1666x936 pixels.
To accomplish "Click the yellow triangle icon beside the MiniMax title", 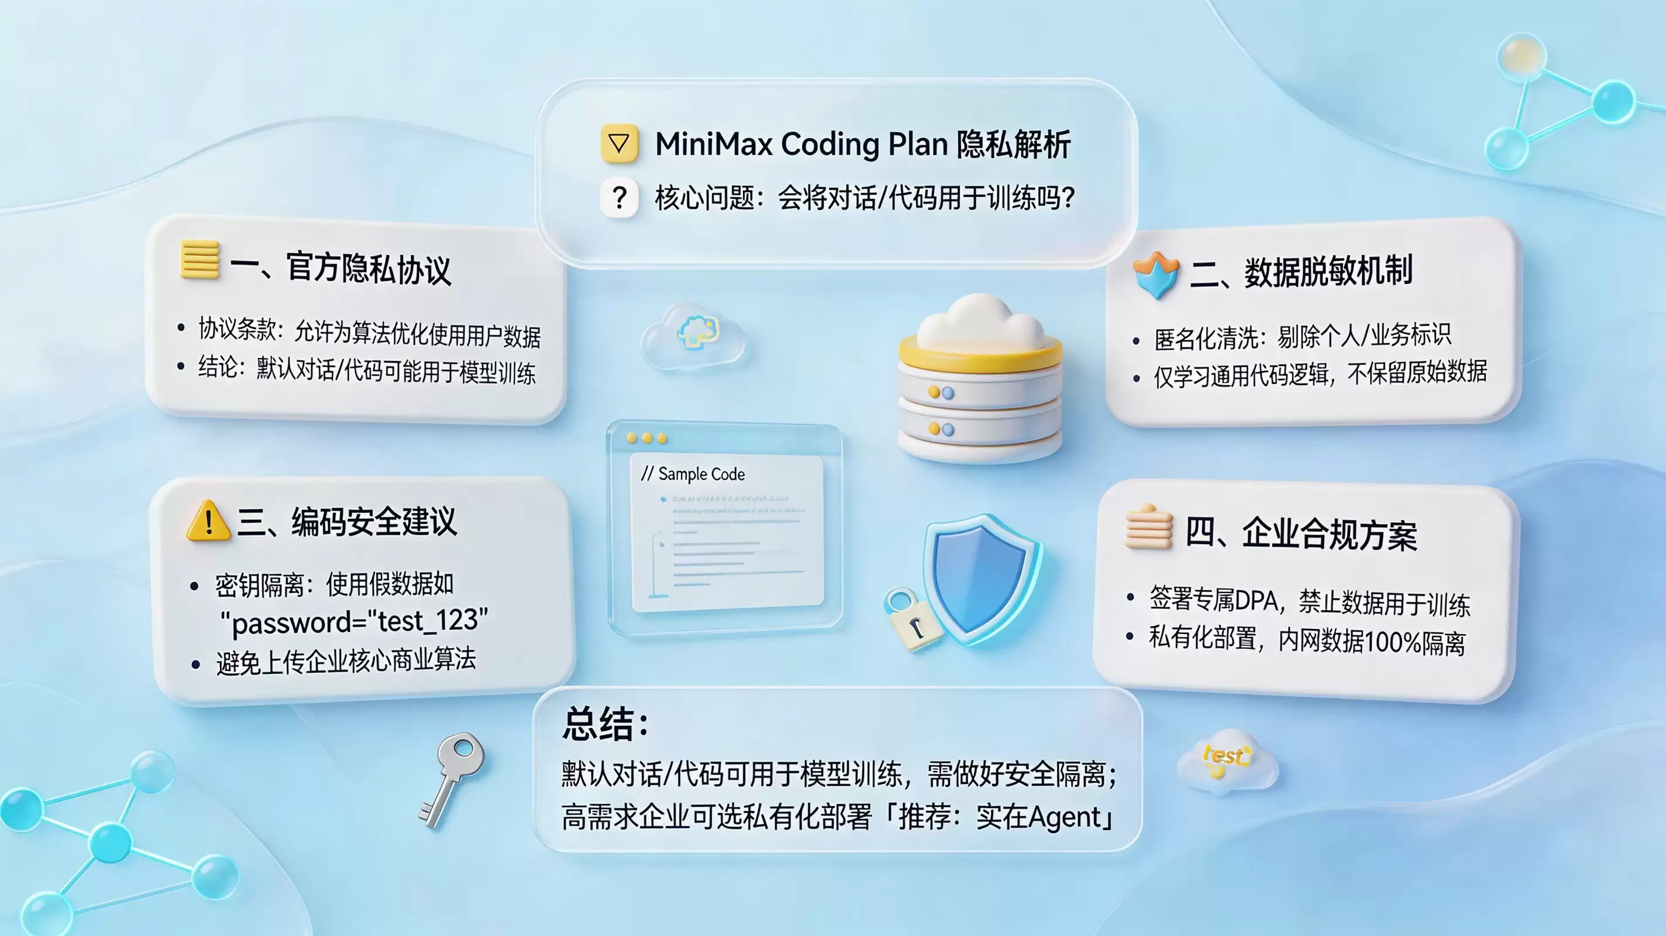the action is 619,143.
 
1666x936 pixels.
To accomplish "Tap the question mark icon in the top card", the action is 619,197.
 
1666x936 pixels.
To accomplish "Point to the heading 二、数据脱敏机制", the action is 1300,271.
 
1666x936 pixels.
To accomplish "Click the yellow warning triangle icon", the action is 208,521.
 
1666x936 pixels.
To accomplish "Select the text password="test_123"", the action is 354,621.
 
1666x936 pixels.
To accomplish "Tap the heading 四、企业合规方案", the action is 1300,534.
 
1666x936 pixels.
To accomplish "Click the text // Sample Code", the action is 693,474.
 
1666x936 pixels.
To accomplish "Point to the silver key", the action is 451,779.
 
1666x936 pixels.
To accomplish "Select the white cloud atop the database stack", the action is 980,322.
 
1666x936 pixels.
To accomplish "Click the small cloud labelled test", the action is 1226,761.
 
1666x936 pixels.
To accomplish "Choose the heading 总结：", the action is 605,723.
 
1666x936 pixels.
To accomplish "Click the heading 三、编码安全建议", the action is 347,521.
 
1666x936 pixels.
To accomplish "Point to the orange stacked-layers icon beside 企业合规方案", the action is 1149,526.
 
